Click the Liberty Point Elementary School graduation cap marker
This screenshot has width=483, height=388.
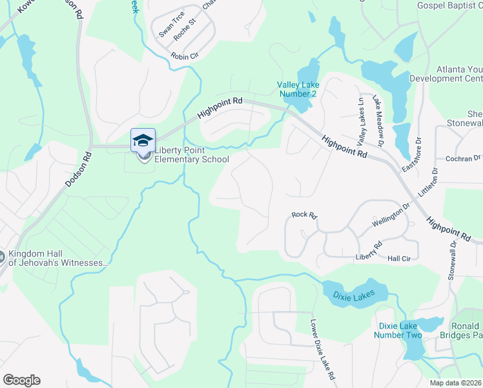[143, 140]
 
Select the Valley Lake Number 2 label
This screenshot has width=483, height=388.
[298, 89]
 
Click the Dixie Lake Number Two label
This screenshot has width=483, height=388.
[398, 330]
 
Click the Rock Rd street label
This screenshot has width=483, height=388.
[305, 215]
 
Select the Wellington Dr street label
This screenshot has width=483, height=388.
[391, 215]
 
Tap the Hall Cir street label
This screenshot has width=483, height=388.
[399, 258]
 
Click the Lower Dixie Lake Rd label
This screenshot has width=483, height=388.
[322, 350]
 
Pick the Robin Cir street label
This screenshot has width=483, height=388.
[185, 57]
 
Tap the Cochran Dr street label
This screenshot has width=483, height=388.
[464, 158]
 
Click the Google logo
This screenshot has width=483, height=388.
[21, 380]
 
